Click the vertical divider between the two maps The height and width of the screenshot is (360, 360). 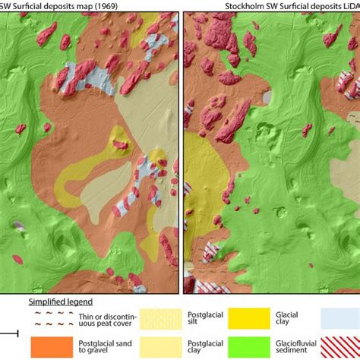coord(181,152)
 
